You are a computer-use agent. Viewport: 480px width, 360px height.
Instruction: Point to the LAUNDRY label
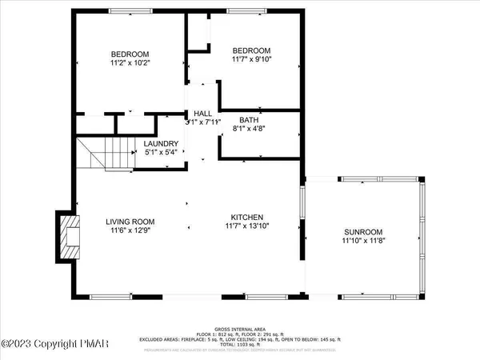[x=161, y=144]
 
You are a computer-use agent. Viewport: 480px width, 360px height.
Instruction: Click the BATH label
[x=248, y=119]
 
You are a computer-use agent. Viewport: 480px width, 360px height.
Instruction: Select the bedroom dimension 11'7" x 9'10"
[x=250, y=58]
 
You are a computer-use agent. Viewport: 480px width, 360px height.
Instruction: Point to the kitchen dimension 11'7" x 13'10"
[x=248, y=226]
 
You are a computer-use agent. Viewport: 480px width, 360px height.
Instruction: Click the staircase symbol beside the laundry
[x=108, y=153]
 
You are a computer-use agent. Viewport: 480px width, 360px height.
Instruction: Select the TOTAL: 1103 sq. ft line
[x=240, y=344]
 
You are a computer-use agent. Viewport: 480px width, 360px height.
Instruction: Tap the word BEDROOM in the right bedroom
[x=250, y=48]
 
